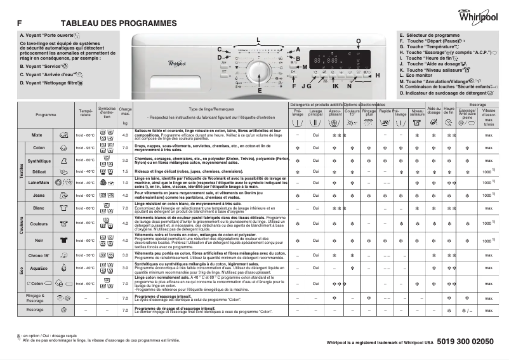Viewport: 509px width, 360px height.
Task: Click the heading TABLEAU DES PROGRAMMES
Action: [x=118, y=23]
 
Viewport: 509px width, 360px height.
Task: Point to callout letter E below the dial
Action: [x=259, y=91]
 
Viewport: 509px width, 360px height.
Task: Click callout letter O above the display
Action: [x=359, y=41]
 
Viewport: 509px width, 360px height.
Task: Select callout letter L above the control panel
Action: [x=258, y=40]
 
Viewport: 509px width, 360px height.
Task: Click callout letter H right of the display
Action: [x=377, y=75]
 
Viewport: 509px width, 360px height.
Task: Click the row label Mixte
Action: [x=36, y=135]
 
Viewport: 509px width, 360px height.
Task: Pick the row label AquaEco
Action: [x=39, y=268]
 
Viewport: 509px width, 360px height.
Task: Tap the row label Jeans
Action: [x=39, y=195]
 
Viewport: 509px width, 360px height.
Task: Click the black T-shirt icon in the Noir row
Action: [x=63, y=241]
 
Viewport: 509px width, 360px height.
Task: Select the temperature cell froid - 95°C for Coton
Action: [x=85, y=147]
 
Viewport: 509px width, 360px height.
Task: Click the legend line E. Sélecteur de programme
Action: [x=430, y=36]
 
